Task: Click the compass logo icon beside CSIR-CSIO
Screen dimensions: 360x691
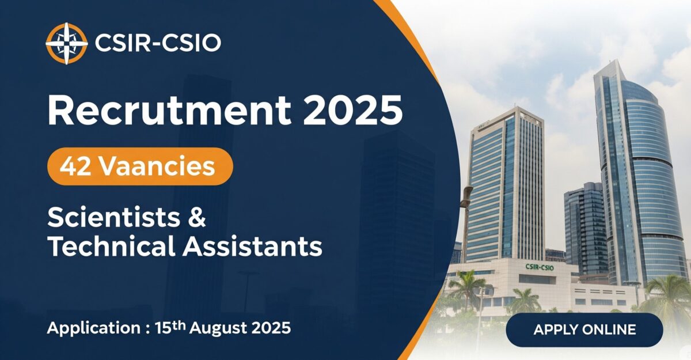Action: (x=66, y=43)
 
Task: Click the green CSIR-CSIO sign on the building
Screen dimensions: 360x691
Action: (x=540, y=267)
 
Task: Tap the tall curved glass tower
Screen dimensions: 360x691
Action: (x=636, y=173)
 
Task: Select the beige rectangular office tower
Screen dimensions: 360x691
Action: (x=504, y=184)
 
